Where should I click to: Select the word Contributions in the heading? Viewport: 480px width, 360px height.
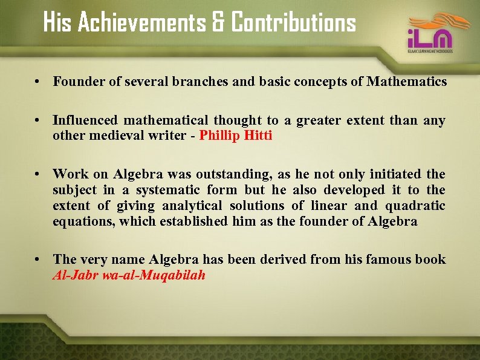point(294,24)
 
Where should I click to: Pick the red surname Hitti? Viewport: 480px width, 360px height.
point(258,135)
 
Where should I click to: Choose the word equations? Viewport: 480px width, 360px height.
point(83,221)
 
